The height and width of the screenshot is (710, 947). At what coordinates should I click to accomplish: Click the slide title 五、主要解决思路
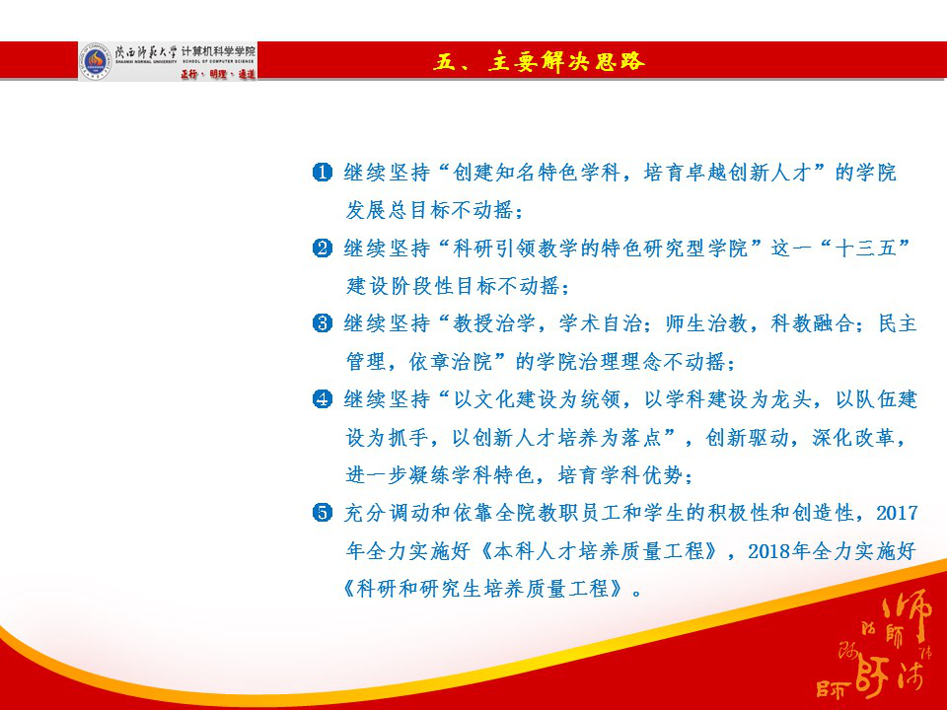click(x=540, y=61)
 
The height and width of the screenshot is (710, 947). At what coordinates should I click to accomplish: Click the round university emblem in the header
click(x=96, y=60)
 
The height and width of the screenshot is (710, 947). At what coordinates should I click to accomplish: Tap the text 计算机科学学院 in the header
click(x=218, y=50)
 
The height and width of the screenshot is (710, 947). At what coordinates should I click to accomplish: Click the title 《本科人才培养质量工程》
click(x=573, y=551)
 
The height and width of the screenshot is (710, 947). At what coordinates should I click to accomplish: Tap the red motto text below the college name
click(x=218, y=73)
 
